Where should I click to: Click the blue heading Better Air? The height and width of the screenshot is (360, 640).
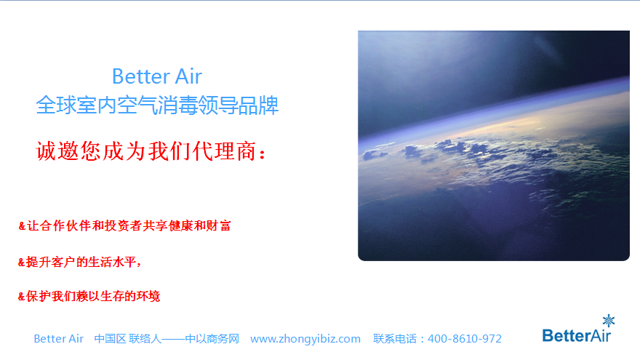point(157,76)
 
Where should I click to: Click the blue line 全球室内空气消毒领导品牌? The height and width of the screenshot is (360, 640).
point(157,105)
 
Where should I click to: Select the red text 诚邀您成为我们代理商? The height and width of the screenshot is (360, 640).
point(151,152)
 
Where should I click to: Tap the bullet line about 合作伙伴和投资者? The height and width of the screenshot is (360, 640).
point(124,226)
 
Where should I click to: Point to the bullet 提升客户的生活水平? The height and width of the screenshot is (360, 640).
point(79,262)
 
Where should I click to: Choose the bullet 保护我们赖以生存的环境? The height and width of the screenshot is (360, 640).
point(89,296)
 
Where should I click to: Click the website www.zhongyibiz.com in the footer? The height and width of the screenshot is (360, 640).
point(305,339)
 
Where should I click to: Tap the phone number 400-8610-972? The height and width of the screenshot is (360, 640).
point(465,339)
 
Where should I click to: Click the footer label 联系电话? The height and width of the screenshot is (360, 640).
point(397,339)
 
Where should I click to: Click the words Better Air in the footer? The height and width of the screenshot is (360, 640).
point(59,339)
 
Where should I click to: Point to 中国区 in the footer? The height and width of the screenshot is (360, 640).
point(110,339)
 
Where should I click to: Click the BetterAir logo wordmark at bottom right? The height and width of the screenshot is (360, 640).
point(577,335)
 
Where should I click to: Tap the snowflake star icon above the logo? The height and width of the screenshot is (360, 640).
point(609,320)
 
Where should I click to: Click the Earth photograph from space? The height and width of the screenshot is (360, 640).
point(493,145)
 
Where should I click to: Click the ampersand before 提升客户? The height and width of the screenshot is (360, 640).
point(22,262)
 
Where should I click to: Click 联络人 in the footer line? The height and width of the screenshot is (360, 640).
point(145,339)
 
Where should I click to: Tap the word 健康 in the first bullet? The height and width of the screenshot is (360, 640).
point(174,226)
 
